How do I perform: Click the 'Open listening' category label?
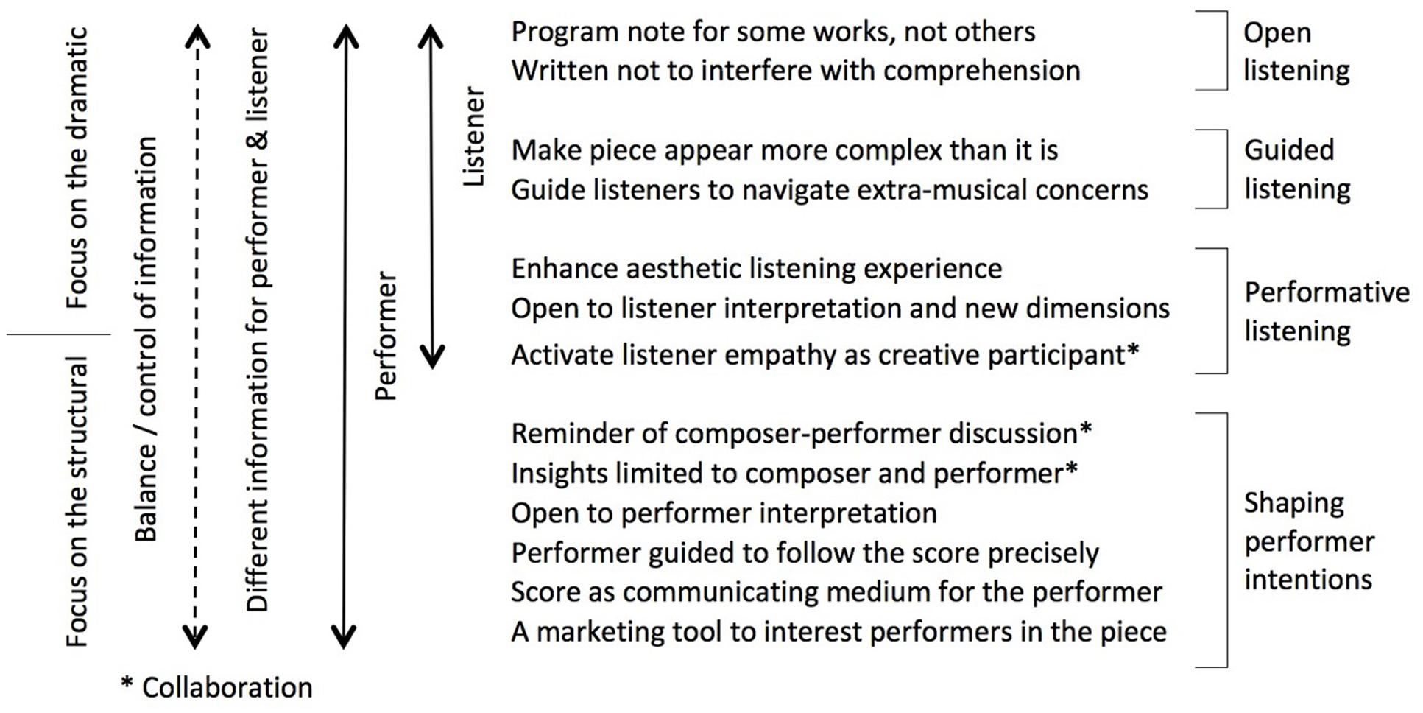click(x=1296, y=52)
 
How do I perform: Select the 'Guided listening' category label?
click(x=1297, y=169)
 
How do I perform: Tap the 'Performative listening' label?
click(x=1327, y=312)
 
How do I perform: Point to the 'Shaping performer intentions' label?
click(x=1309, y=541)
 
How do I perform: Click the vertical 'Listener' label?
click(x=474, y=136)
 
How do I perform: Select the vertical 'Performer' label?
click(x=386, y=336)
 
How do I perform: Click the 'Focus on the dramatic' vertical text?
click(x=77, y=168)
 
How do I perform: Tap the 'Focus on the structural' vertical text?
click(x=77, y=502)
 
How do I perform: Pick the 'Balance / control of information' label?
click(x=146, y=340)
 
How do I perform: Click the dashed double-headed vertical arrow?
click(x=196, y=337)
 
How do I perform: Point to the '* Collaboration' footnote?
click(x=217, y=687)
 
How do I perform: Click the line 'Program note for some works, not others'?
click(x=773, y=32)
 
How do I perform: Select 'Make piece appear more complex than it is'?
click(x=785, y=150)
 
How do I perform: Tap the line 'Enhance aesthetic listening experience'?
click(x=757, y=269)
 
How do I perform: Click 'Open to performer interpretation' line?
click(x=724, y=513)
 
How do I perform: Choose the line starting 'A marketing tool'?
click(x=839, y=632)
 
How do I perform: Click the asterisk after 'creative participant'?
click(x=1133, y=348)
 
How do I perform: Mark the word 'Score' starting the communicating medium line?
click(x=545, y=592)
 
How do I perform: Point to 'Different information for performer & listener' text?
click(x=258, y=320)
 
